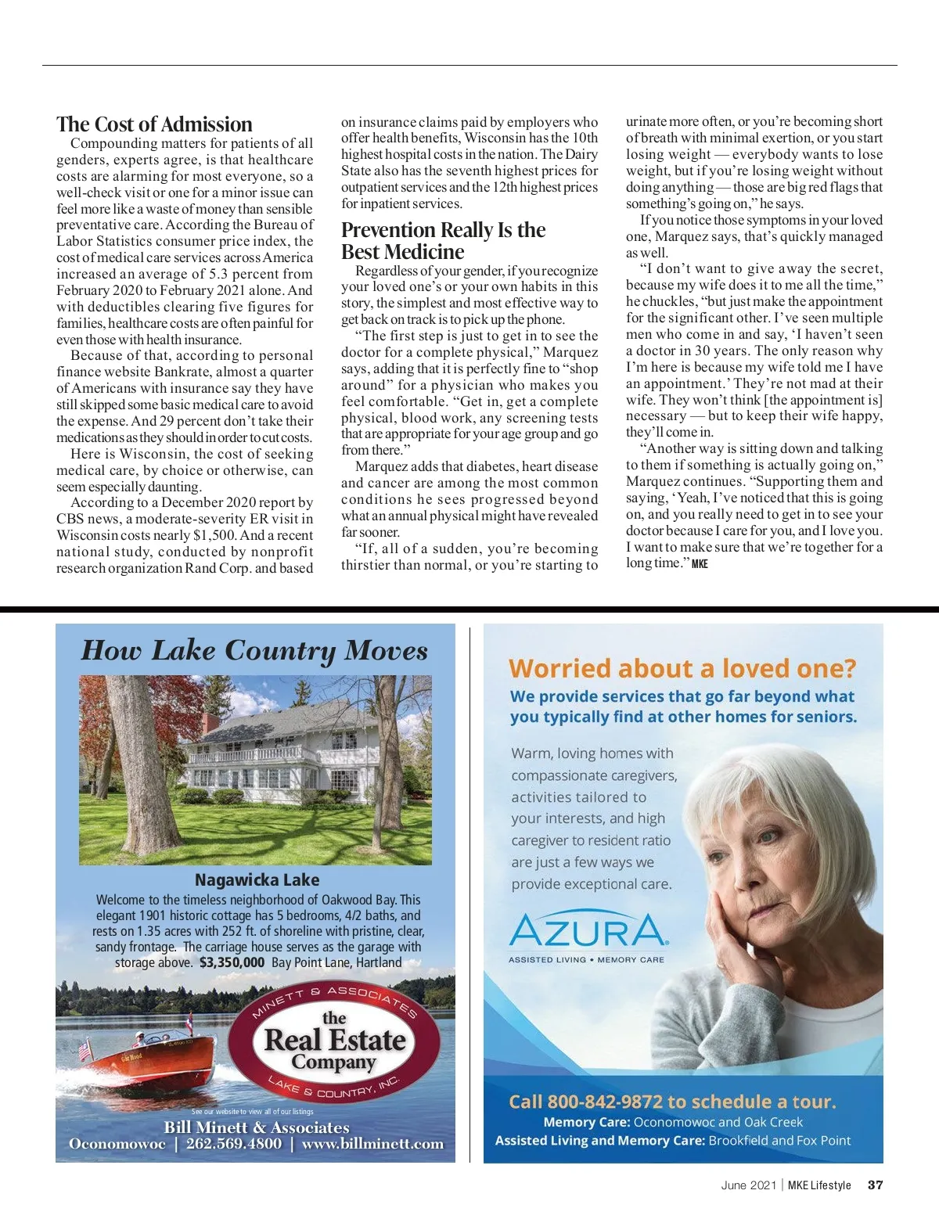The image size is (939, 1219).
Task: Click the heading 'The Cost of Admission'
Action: coord(154,124)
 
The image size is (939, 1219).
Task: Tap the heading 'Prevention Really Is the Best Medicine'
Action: coord(443,241)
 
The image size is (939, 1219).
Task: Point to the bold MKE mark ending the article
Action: coord(700,564)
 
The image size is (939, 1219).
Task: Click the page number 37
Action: coord(875,1185)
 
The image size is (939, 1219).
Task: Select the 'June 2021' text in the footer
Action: coord(748,1185)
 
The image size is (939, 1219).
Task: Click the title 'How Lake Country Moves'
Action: coord(254,651)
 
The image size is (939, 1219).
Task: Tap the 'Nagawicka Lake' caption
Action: coord(257,879)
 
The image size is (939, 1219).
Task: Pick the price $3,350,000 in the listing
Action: coord(232,962)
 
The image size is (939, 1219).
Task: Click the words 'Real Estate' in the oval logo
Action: coord(335,1041)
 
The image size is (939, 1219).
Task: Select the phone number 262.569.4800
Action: coord(233,1144)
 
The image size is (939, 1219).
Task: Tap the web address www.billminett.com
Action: coord(372,1144)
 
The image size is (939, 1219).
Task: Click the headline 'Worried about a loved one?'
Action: coord(682,668)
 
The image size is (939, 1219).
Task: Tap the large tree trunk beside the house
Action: coord(133,767)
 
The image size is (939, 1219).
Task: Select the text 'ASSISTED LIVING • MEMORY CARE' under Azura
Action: coord(586,959)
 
